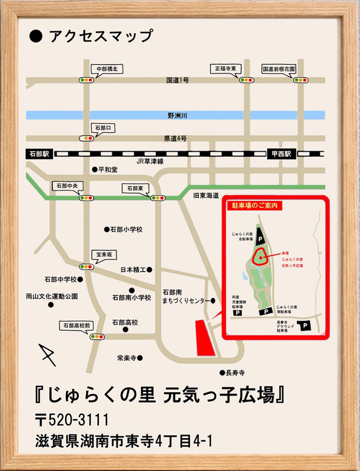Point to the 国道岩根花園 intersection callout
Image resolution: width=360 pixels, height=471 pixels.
[278, 69]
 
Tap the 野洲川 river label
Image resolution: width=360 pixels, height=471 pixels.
[177, 116]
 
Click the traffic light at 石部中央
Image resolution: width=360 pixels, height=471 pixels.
[88, 198]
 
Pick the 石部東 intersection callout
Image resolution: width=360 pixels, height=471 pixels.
[135, 188]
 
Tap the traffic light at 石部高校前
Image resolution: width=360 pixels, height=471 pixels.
[97, 337]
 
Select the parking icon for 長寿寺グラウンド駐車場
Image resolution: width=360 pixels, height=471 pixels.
[306, 326]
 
